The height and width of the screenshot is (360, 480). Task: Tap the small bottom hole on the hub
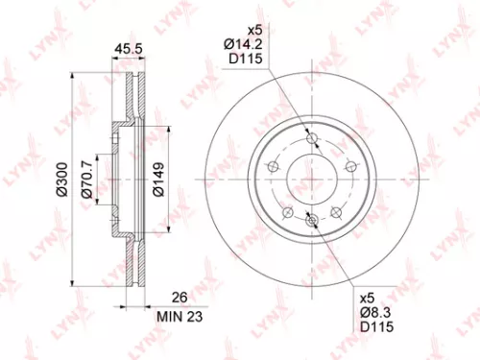310,222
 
